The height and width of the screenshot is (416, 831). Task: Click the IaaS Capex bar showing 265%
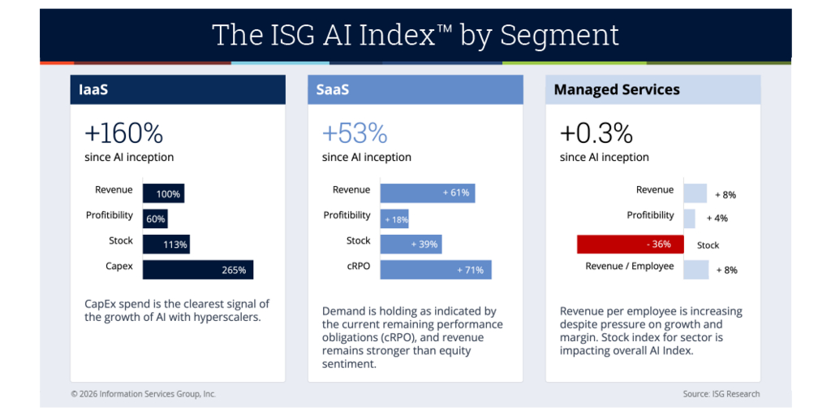tap(198, 270)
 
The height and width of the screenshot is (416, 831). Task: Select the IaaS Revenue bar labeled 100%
tap(163, 193)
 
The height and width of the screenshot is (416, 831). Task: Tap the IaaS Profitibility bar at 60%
tap(155, 219)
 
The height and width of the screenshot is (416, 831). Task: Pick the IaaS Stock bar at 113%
tap(166, 244)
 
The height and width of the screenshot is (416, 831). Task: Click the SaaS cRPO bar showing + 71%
tap(436, 270)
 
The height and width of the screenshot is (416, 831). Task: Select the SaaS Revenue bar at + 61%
tap(428, 193)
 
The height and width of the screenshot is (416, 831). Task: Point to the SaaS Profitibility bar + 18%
tap(394, 219)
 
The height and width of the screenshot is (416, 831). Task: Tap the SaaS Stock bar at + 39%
tap(411, 244)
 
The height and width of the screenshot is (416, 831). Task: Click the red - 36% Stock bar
tap(630, 245)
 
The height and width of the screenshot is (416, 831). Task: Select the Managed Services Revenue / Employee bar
tap(695, 270)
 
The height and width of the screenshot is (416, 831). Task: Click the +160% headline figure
tap(123, 132)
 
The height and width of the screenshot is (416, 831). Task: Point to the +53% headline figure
tap(355, 132)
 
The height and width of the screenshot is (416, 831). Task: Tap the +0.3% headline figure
tap(596, 132)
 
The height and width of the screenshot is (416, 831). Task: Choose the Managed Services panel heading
tap(617, 89)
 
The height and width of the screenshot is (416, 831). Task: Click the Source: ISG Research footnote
tap(721, 394)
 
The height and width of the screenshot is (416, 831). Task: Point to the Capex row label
tap(118, 266)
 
